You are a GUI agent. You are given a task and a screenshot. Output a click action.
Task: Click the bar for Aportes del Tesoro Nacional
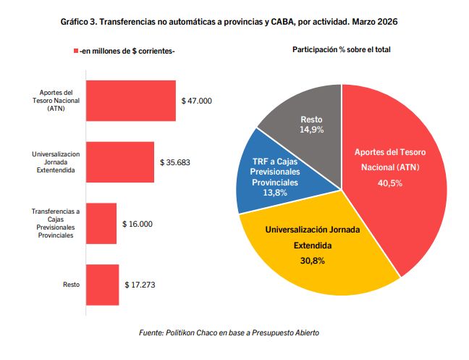coord(130,101)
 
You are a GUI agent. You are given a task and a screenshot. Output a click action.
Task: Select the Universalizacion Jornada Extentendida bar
coord(119,162)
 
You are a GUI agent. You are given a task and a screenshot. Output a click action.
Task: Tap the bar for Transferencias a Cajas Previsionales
coord(101,223)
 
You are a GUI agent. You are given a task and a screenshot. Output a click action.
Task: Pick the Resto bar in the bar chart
coord(102,284)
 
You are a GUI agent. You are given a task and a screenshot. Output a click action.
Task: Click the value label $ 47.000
coord(196,101)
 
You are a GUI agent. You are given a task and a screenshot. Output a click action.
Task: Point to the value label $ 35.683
coord(175,162)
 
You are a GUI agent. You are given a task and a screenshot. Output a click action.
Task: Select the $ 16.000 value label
coord(138,224)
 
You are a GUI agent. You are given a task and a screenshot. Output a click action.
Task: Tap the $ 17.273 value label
coord(140,285)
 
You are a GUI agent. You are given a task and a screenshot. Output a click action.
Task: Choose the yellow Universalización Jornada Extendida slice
coord(318,254)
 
